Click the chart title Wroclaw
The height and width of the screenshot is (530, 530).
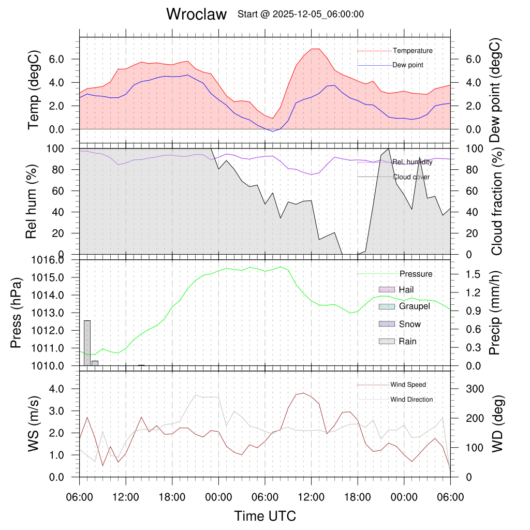[x=196, y=14]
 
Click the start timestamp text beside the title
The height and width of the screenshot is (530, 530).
[x=300, y=14]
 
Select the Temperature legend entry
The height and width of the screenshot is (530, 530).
[x=413, y=51]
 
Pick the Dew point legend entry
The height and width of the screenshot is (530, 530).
[x=407, y=65]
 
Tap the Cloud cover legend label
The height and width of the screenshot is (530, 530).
[x=411, y=177]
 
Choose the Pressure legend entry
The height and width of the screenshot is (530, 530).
[x=416, y=274]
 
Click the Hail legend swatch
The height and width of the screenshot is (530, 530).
[x=387, y=289]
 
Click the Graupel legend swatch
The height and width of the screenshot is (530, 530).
[x=387, y=306]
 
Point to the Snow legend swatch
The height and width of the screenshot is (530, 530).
[x=387, y=324]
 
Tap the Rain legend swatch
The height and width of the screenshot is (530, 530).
[x=387, y=341]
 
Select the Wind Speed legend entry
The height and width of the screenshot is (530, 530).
[x=408, y=385]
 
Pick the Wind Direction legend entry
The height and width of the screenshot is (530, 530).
[x=411, y=400]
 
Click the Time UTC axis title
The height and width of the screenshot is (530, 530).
[x=265, y=516]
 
